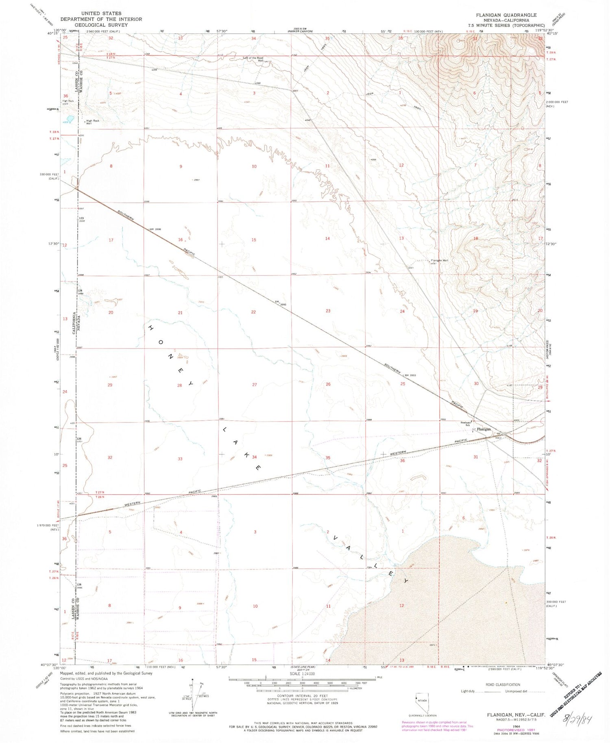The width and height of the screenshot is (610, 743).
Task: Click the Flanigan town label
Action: [x=484, y=429]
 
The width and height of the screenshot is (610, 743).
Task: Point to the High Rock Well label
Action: [x=92, y=121]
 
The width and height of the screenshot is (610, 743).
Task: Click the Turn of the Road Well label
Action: [x=253, y=59]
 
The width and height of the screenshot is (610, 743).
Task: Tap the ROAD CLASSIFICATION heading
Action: [x=503, y=685]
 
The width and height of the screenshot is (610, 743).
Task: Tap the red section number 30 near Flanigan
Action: [x=476, y=383]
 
